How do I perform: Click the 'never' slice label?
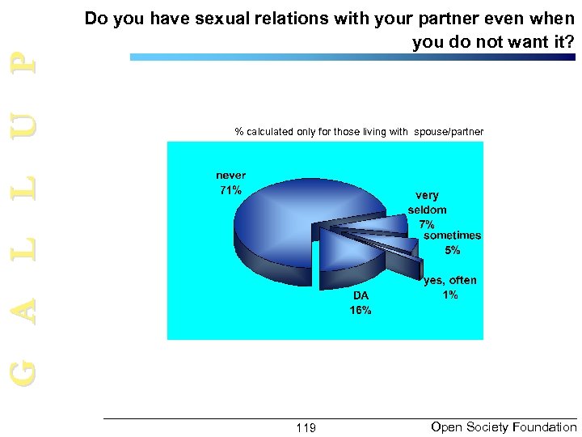(230, 176)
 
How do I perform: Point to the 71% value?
(230, 191)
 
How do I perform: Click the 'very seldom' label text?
(427, 202)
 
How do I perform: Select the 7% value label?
(427, 224)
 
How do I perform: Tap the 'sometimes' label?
(452, 235)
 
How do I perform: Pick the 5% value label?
(453, 251)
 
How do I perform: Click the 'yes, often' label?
(450, 280)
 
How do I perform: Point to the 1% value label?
(450, 295)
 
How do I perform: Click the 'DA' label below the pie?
(361, 295)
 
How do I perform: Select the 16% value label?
(361, 310)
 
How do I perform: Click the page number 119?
(306, 427)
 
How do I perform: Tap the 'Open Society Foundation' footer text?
(504, 426)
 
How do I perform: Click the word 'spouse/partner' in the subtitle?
(449, 131)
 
